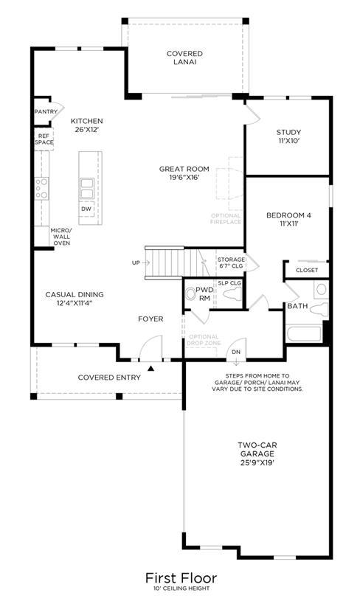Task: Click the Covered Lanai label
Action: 184,58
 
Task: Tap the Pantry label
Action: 46,111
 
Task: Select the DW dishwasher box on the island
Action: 86,209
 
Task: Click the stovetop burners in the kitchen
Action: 42,189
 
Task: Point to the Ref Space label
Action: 44,139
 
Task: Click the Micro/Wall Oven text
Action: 61,237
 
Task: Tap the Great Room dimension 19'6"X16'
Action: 184,178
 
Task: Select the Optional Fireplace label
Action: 226,218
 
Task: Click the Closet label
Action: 307,270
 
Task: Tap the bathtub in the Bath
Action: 304,334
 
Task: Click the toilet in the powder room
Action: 190,294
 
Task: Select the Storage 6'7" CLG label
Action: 231,263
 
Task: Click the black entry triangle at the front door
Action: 151,368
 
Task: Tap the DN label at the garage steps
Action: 236,352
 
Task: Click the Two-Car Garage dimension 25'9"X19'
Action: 257,462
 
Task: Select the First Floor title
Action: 181,577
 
